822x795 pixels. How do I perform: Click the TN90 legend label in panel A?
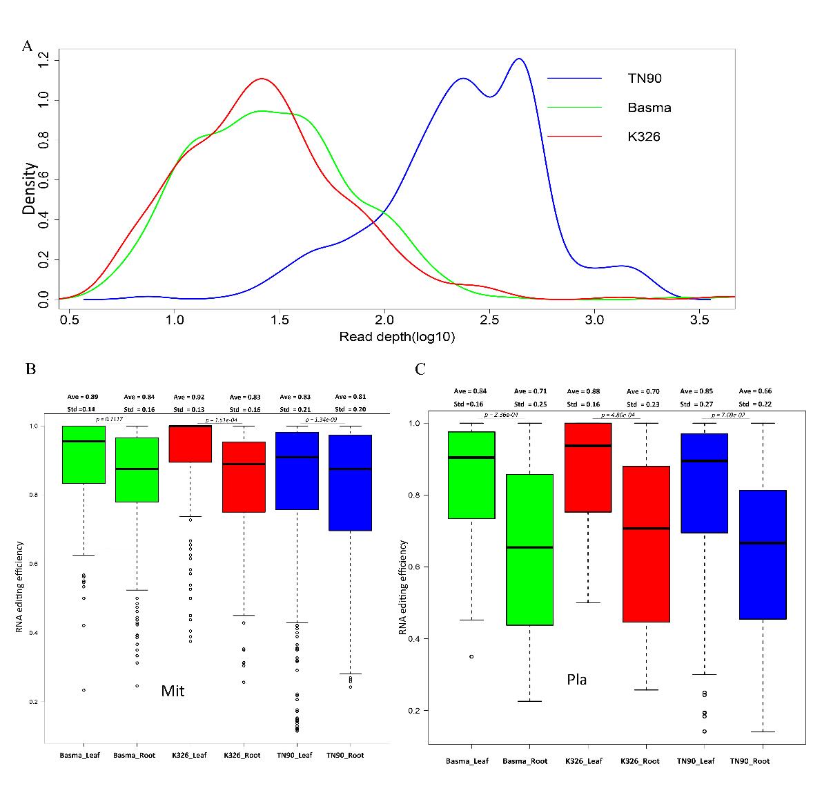[x=644, y=79]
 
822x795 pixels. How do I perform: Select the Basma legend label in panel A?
[x=649, y=108]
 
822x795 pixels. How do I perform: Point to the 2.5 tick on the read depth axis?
[x=489, y=321]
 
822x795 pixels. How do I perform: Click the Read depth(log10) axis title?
[x=397, y=337]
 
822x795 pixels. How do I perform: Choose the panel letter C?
[x=420, y=369]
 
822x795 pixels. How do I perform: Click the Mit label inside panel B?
[x=173, y=691]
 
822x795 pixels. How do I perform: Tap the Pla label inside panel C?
[x=576, y=680]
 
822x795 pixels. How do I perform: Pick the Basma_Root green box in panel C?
[x=529, y=549]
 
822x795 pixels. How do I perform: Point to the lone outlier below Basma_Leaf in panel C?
[x=471, y=656]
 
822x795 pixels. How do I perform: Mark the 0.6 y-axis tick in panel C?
[x=416, y=567]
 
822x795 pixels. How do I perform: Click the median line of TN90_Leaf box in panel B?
[x=297, y=457]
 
